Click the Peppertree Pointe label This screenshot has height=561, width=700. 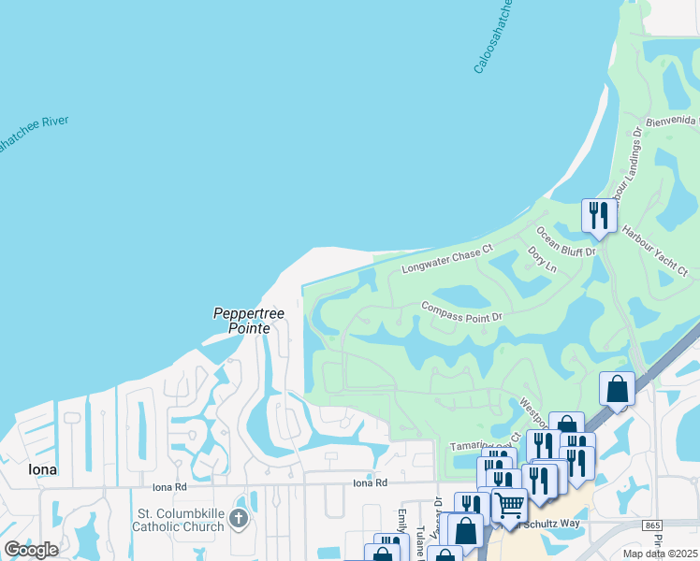241,321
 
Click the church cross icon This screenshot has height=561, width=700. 240,519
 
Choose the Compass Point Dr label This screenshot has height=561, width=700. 461,310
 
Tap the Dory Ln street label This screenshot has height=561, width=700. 542,261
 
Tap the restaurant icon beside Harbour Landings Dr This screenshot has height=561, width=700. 596,216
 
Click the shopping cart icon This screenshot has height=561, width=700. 508,506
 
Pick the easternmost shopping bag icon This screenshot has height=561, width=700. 618,388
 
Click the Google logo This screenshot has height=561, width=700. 31,550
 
